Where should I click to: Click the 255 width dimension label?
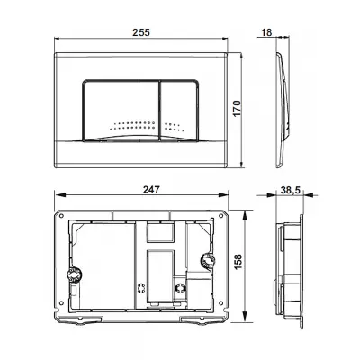(x=141, y=32)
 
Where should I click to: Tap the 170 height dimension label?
(x=237, y=109)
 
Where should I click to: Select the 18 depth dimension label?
(x=266, y=32)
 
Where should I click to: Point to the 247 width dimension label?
(x=151, y=190)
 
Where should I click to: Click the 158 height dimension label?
(x=238, y=262)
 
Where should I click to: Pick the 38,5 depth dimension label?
(x=291, y=190)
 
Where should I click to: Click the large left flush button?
(x=121, y=111)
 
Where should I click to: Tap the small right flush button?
(x=179, y=111)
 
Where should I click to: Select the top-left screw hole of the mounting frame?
(x=61, y=216)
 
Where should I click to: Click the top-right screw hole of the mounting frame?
(x=221, y=215)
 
